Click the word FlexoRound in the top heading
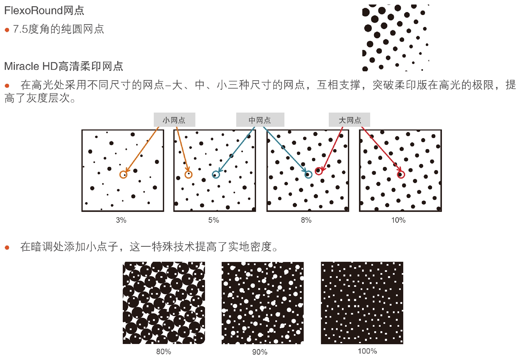(33, 11)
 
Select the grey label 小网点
(174, 120)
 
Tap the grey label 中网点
(260, 120)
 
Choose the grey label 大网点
(350, 120)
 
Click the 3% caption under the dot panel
(121, 220)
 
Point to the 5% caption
(214, 220)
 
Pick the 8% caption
(306, 220)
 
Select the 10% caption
(398, 220)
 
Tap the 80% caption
(164, 351)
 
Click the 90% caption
(260, 352)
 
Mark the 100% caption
(367, 351)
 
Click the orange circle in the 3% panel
(123, 175)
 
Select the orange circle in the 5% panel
(188, 175)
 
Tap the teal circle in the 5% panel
(215, 175)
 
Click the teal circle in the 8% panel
(308, 175)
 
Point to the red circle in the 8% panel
(318, 171)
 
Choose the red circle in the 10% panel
(401, 175)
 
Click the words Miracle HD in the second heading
(31, 66)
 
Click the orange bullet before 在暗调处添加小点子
(7, 247)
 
